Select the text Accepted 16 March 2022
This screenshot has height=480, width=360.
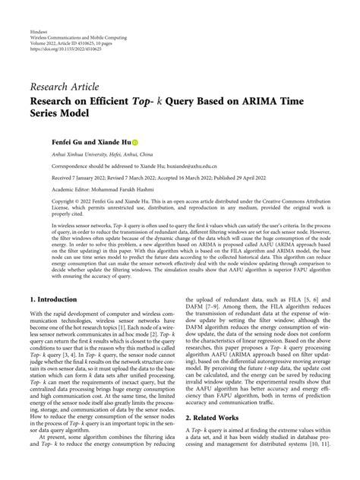(x=172, y=174)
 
